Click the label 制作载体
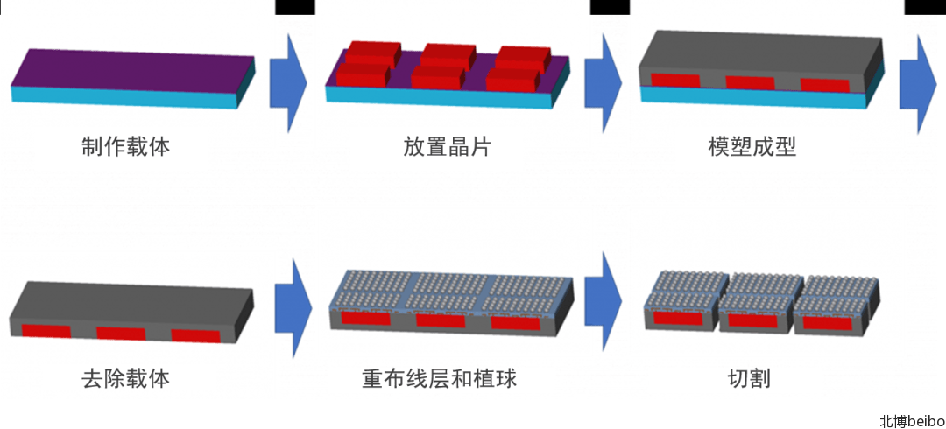[125, 146]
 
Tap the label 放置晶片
[447, 146]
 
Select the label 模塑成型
[752, 146]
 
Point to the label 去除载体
[125, 379]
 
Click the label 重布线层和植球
[439, 379]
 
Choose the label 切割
[749, 379]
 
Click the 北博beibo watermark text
[912, 421]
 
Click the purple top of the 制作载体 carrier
[131, 70]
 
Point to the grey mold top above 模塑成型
[758, 53]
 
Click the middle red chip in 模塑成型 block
[750, 83]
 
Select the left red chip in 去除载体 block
[46, 332]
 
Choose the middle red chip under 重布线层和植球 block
[441, 320]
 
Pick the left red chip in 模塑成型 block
[674, 81]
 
